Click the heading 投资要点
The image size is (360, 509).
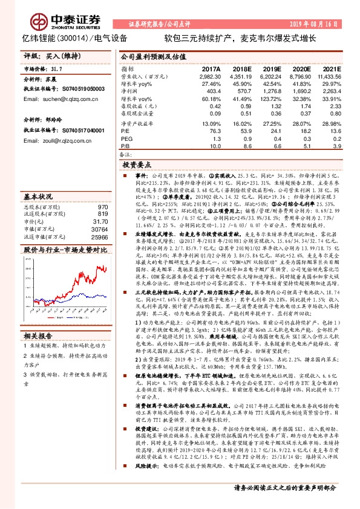coord(136,164)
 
